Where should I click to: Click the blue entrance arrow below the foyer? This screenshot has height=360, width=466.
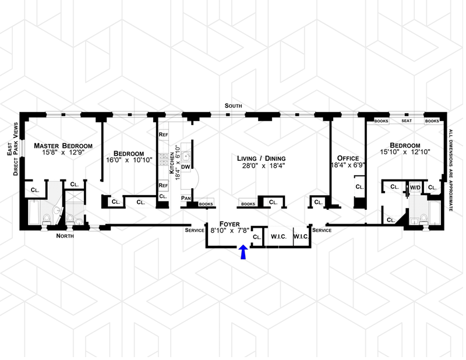click(x=243, y=252)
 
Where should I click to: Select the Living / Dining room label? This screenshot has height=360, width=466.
click(x=260, y=158)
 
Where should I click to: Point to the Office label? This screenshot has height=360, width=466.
click(x=348, y=158)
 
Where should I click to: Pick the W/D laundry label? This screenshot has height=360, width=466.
click(x=415, y=187)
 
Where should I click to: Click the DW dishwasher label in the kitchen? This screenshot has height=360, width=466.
click(x=187, y=167)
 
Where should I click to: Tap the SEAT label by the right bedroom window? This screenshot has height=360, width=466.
click(x=407, y=121)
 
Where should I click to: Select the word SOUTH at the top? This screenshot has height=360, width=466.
click(x=235, y=105)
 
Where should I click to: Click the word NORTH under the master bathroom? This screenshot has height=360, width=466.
click(x=65, y=236)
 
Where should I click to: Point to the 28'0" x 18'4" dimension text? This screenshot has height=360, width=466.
click(x=260, y=166)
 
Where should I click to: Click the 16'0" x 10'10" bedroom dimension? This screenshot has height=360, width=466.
click(x=129, y=160)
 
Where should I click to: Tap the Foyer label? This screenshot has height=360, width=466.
click(x=230, y=223)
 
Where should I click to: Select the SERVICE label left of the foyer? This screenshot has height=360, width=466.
click(x=194, y=231)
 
